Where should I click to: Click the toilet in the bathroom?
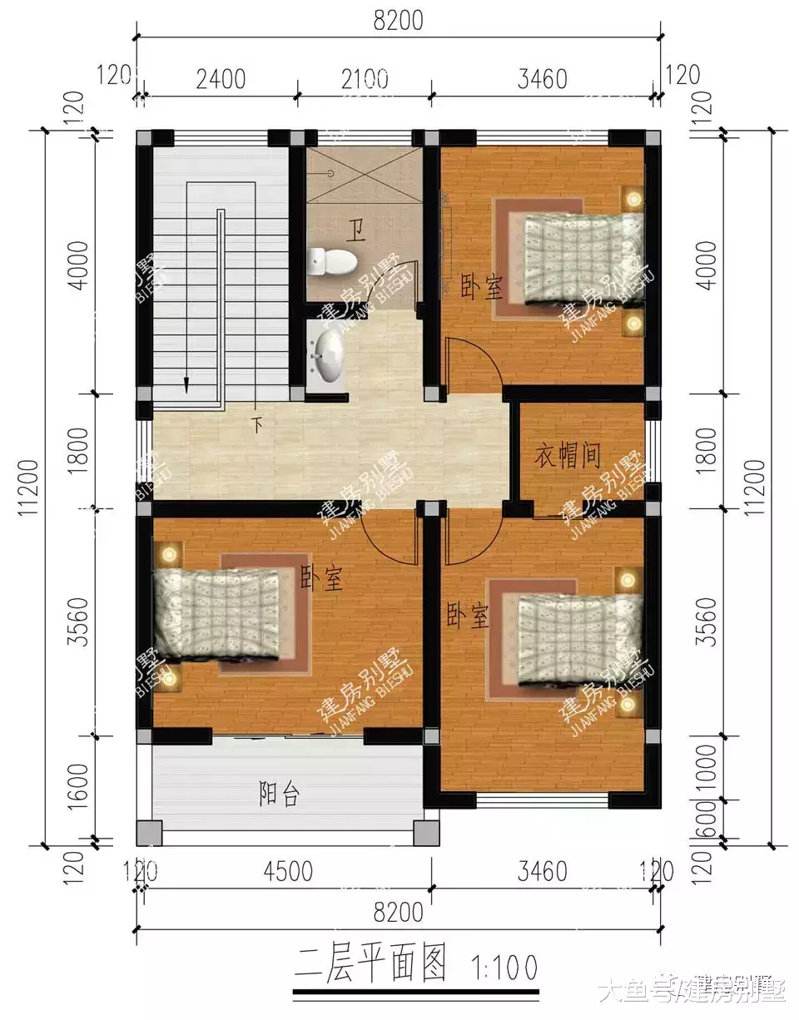point(332,261)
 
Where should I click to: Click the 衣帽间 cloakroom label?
point(568,455)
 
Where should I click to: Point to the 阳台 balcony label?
point(279,795)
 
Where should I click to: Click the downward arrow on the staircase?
point(186,383)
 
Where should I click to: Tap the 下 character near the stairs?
point(258,426)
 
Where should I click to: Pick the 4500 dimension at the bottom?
point(287,871)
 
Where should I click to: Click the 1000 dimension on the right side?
point(705,767)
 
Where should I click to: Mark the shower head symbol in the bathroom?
point(331,173)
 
